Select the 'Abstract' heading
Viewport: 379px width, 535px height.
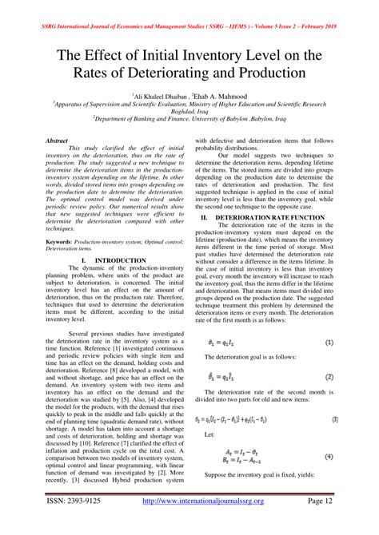click(x=58, y=140)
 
